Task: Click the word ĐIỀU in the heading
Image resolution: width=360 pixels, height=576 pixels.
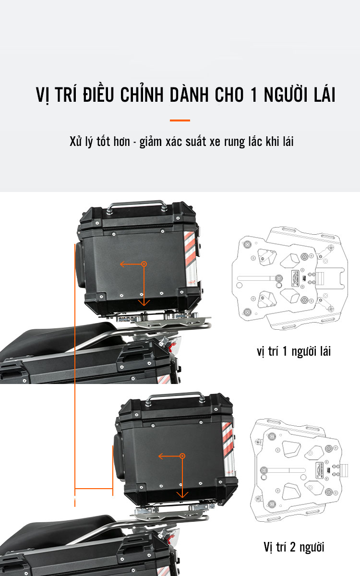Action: (98, 94)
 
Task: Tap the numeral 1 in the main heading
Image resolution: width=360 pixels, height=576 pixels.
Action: (254, 95)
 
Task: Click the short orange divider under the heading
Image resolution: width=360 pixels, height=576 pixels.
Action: (180, 120)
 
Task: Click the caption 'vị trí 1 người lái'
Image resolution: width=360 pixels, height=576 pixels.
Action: (294, 351)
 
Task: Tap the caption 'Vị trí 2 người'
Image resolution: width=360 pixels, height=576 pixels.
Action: (294, 547)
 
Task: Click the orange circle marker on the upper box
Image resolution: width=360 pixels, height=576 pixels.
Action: (144, 264)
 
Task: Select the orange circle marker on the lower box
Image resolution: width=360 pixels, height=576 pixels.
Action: (182, 456)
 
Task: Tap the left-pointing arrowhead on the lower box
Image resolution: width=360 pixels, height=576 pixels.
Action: (161, 456)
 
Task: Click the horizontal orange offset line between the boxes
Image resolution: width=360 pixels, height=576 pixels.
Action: (94, 488)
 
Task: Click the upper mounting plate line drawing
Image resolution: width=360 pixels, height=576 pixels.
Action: (290, 278)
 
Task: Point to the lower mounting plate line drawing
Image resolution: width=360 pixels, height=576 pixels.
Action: (299, 470)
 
